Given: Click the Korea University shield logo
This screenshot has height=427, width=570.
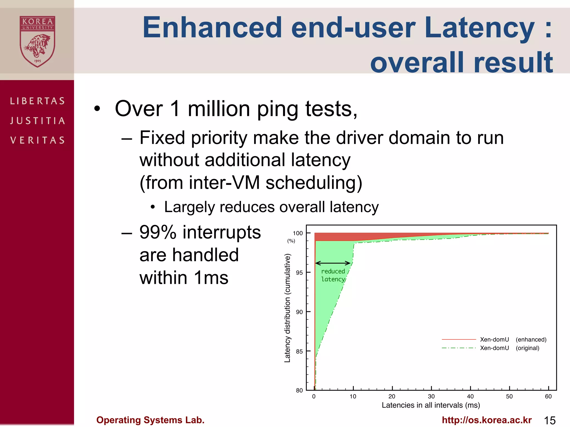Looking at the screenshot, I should point(37,41).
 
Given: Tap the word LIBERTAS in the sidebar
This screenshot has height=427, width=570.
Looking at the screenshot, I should point(38,101).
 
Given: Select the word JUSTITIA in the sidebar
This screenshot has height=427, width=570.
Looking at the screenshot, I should point(38,121).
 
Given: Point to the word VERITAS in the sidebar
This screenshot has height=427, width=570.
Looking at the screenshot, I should point(38,140).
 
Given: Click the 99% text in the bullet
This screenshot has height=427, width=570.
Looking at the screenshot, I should point(158,232).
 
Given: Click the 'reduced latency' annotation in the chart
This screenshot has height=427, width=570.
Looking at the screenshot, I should point(333,275).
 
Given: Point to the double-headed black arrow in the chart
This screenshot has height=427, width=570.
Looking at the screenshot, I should point(333,263).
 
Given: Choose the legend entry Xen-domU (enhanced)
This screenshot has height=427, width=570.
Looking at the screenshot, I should point(494,339).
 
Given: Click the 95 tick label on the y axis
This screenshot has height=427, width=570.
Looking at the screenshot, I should point(299,273).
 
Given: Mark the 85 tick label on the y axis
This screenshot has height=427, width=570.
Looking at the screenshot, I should point(299,351).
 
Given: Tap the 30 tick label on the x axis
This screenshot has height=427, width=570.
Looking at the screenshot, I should point(431,396).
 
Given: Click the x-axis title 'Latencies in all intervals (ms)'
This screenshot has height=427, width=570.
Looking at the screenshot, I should point(431,405).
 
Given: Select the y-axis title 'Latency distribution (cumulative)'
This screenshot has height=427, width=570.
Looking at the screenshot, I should point(287,308).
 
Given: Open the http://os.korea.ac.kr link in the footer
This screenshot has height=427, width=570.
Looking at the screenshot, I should point(487,420).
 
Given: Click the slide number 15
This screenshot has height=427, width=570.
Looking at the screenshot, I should point(550,420).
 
